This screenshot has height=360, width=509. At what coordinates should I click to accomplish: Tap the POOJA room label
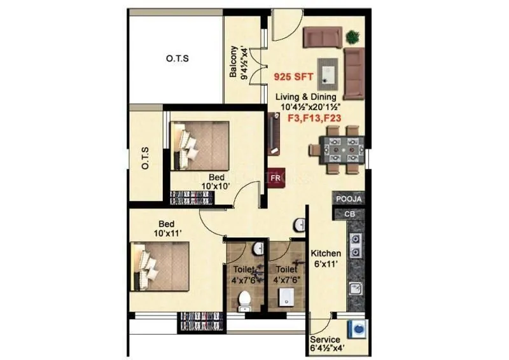(x=349, y=199)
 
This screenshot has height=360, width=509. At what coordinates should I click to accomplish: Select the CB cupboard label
(x=349, y=214)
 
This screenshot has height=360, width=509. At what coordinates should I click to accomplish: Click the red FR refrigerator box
(x=275, y=178)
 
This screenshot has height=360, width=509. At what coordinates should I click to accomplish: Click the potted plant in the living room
(x=352, y=37)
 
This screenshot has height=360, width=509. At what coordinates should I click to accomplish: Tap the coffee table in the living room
(x=328, y=71)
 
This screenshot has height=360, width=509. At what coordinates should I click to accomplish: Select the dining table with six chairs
(x=338, y=149)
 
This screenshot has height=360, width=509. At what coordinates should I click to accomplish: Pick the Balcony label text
(x=238, y=62)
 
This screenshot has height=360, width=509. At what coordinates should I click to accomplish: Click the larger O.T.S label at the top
(x=177, y=59)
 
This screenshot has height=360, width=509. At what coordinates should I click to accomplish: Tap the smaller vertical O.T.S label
(x=145, y=157)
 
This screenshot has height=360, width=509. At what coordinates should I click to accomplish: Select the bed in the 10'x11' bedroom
(x=160, y=267)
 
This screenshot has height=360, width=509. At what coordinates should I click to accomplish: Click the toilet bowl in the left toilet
(x=245, y=301)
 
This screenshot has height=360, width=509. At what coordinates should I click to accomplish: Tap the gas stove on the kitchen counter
(x=356, y=245)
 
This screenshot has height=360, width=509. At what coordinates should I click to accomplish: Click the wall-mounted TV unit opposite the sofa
(x=274, y=133)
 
